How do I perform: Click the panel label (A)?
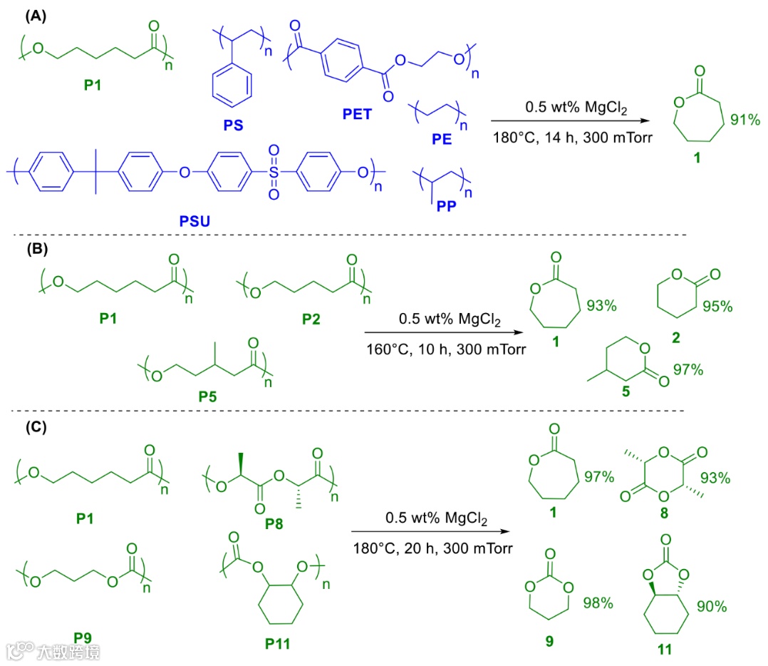[x=36, y=16]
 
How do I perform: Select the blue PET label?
[x=357, y=114]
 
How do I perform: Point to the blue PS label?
[x=232, y=125]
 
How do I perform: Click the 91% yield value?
[x=744, y=120]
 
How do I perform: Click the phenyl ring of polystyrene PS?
[x=232, y=88]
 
